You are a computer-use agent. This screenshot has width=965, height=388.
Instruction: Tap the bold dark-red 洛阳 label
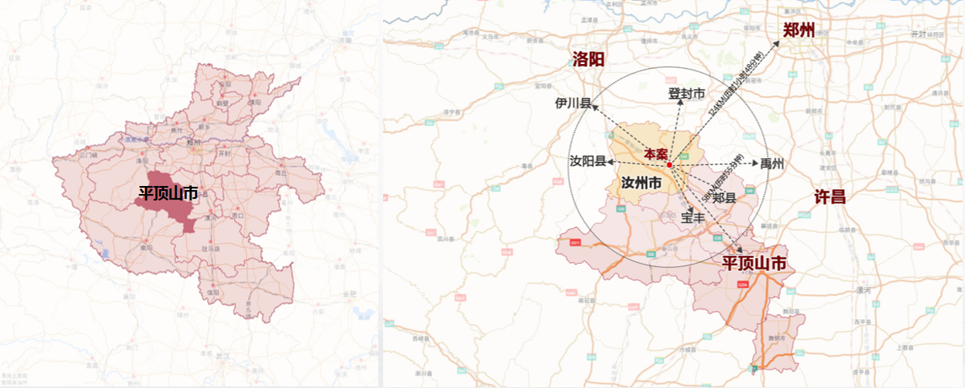[588, 59]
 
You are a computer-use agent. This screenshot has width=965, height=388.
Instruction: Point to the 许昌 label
[830, 196]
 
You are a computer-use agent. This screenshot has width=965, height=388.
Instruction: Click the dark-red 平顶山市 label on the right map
[754, 263]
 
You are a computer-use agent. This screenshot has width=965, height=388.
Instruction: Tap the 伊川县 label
[573, 103]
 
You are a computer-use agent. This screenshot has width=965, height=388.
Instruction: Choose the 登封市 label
[687, 94]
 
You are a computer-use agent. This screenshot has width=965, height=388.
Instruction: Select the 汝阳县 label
[587, 162]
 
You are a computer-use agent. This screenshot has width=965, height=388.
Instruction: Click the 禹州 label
[772, 164]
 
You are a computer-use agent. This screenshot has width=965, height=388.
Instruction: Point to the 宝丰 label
[693, 216]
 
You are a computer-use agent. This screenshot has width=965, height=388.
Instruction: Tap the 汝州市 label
[641, 184]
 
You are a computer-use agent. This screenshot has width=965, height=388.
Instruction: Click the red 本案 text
[656, 153]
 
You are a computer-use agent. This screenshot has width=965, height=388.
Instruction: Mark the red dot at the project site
[669, 164]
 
